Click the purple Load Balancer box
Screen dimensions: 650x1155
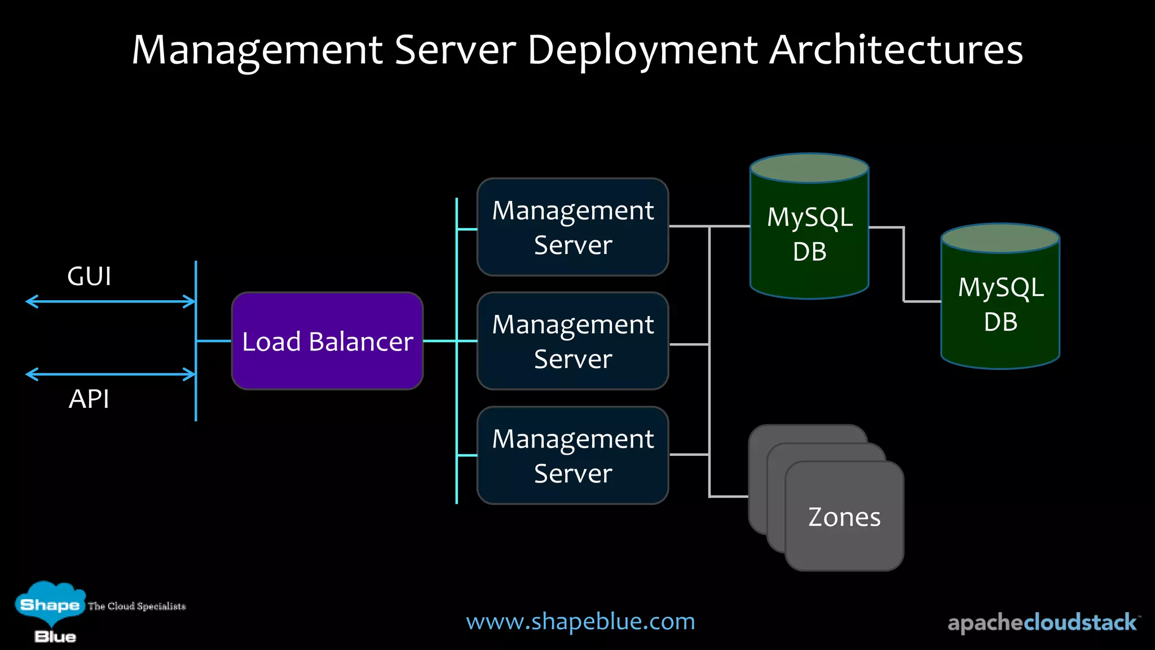327,341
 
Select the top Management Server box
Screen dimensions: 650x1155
572,227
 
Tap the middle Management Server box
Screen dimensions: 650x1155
572,341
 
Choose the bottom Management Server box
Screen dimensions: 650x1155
572,455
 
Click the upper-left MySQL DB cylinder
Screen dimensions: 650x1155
809,234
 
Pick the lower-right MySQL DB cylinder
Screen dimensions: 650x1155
1000,305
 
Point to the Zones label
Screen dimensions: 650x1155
844,517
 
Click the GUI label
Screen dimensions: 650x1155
89,276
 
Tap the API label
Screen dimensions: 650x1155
89,399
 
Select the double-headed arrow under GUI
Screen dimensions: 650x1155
111,301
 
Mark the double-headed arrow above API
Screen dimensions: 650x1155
111,374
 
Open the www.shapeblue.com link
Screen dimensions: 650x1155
580,621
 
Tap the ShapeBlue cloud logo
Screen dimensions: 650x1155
50,606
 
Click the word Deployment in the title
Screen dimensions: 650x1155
642,50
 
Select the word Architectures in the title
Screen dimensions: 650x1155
896,50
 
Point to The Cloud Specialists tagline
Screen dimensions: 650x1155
137,606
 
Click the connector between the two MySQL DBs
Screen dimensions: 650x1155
904,264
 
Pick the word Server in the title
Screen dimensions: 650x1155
455,50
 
